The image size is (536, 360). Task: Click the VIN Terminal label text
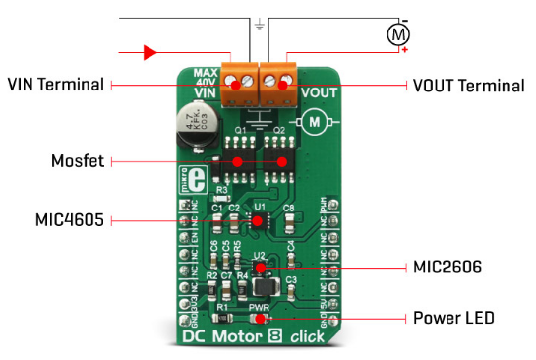[56, 85]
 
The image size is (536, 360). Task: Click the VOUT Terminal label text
[467, 86]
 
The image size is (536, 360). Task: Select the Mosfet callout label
[78, 159]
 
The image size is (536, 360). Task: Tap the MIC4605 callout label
[68, 220]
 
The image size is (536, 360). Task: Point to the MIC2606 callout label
[446, 267]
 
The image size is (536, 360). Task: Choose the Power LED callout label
[451, 318]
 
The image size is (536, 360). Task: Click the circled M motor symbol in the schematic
[398, 35]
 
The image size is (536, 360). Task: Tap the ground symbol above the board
[258, 24]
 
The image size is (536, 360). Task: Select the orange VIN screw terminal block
[239, 81]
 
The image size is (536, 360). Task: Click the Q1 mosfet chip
[237, 157]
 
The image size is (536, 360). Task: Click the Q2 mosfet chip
[279, 157]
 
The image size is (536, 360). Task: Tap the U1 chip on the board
[258, 220]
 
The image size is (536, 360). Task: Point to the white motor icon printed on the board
[317, 120]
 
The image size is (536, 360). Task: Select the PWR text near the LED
[259, 306]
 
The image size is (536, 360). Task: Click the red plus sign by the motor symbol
[404, 49]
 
